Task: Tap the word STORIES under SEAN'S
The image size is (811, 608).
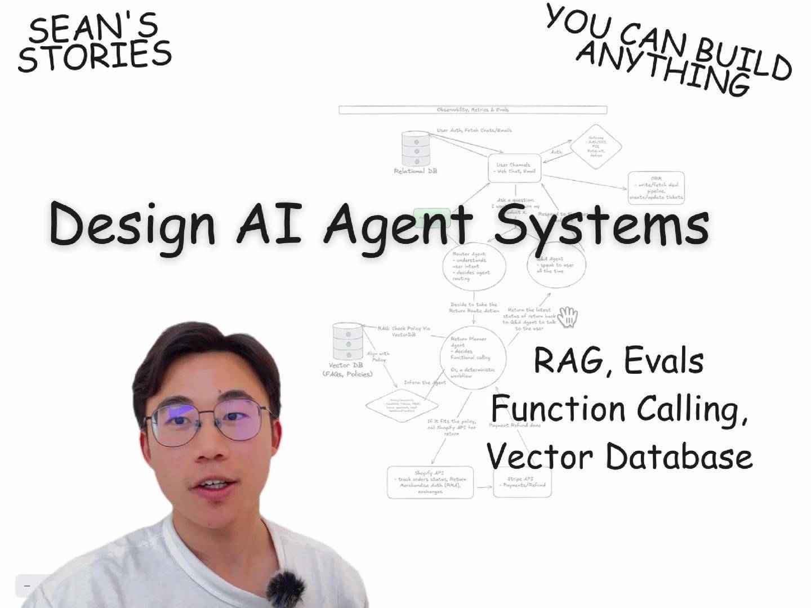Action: pos(95,56)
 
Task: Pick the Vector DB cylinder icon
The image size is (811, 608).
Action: pos(347,342)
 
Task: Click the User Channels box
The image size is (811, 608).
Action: pos(514,168)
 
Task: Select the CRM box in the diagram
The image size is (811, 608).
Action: pos(656,187)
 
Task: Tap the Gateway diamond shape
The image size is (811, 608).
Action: pos(596,146)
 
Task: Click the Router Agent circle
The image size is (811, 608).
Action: pos(473,266)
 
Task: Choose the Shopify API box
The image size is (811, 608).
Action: pos(430,482)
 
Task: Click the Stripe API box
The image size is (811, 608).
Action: pos(522,482)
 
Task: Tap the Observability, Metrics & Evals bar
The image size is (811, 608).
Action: pos(473,110)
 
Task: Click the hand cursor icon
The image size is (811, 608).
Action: pos(568,316)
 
